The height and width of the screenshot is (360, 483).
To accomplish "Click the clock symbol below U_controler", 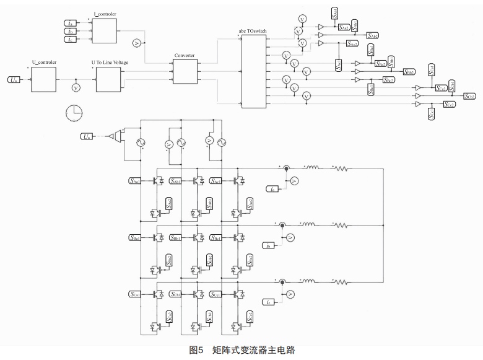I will coord(73,113).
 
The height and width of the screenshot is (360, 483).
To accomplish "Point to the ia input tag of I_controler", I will coord(70,23).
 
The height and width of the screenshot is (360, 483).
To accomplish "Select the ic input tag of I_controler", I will coord(70,40).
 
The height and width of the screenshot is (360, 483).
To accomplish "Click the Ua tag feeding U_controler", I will coord(14,79).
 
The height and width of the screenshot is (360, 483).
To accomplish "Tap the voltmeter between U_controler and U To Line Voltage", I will coord(76,88).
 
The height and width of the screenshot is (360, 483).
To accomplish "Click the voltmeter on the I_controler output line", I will coord(137,43).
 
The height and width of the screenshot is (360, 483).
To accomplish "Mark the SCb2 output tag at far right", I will coord(468,97).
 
